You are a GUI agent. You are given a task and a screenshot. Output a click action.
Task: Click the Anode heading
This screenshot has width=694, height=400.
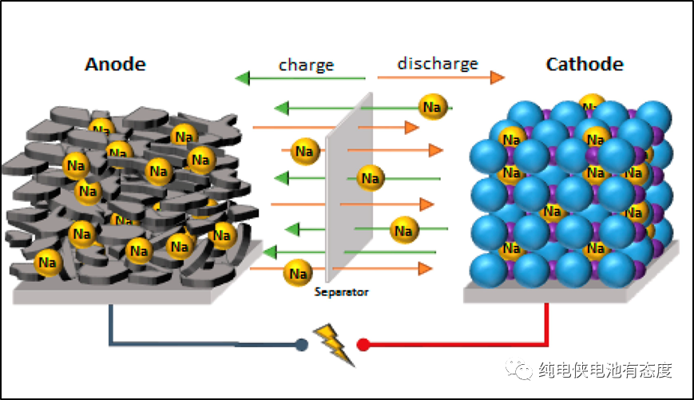(x=116, y=65)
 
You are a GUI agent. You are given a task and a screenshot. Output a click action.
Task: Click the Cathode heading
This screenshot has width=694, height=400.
(x=585, y=65)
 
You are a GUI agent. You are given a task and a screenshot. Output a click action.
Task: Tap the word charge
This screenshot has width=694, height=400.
(x=306, y=65)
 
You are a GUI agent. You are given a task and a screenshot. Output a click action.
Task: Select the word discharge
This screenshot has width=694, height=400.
(x=438, y=63)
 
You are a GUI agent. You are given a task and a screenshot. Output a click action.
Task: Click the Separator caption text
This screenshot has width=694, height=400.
(x=342, y=292)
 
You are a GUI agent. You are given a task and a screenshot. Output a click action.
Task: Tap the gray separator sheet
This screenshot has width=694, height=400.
(x=350, y=192)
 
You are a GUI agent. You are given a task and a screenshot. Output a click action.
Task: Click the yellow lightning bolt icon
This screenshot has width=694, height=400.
(x=334, y=343)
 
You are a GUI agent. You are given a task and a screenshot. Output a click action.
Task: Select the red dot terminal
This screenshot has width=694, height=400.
(x=363, y=345)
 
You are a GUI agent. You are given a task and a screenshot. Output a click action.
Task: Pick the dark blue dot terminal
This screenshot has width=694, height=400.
(x=301, y=345)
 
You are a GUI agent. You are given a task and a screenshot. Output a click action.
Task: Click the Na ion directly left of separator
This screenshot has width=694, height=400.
(x=305, y=151)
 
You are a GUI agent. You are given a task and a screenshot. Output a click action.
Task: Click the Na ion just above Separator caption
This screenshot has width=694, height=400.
(x=299, y=273)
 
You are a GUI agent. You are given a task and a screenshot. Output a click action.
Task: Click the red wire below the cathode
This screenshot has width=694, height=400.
(x=546, y=327)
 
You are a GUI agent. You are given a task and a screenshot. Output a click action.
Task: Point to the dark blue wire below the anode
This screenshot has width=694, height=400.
(x=111, y=327)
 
